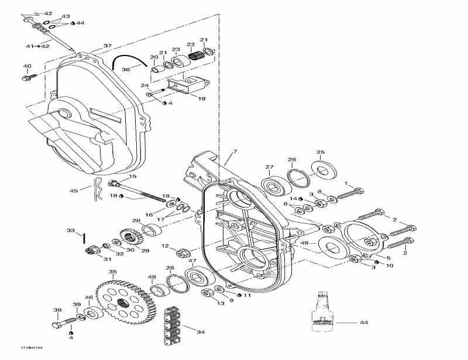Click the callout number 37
(107, 46)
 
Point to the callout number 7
(235, 152)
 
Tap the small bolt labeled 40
(30, 76)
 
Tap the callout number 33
(71, 231)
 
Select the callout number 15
(133, 176)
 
